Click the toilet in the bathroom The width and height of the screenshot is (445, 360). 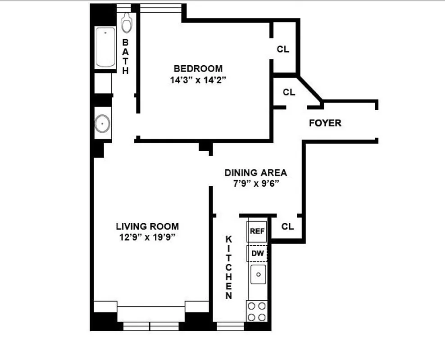click(127, 22)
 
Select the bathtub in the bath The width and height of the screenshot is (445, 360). click(105, 47)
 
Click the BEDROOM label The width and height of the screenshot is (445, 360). click(198, 69)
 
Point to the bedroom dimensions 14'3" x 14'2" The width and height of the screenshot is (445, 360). click(198, 81)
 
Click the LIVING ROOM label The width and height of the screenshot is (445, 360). click(147, 226)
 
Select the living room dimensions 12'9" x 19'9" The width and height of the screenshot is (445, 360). click(147, 238)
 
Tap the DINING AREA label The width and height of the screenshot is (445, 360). click(255, 173)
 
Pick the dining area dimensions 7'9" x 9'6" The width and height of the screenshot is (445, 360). click(255, 184)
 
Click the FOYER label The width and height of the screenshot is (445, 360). click(325, 123)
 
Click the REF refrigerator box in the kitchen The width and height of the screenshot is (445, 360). click(258, 231)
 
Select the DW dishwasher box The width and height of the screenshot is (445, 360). click(258, 253)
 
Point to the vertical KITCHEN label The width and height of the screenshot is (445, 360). click(229, 267)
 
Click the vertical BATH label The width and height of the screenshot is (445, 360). click(126, 56)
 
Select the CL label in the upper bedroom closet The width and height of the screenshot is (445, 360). click(283, 49)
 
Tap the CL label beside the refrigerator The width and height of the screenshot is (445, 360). click(287, 226)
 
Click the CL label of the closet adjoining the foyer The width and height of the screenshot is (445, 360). click(289, 92)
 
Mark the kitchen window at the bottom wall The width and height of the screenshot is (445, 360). click(230, 326)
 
